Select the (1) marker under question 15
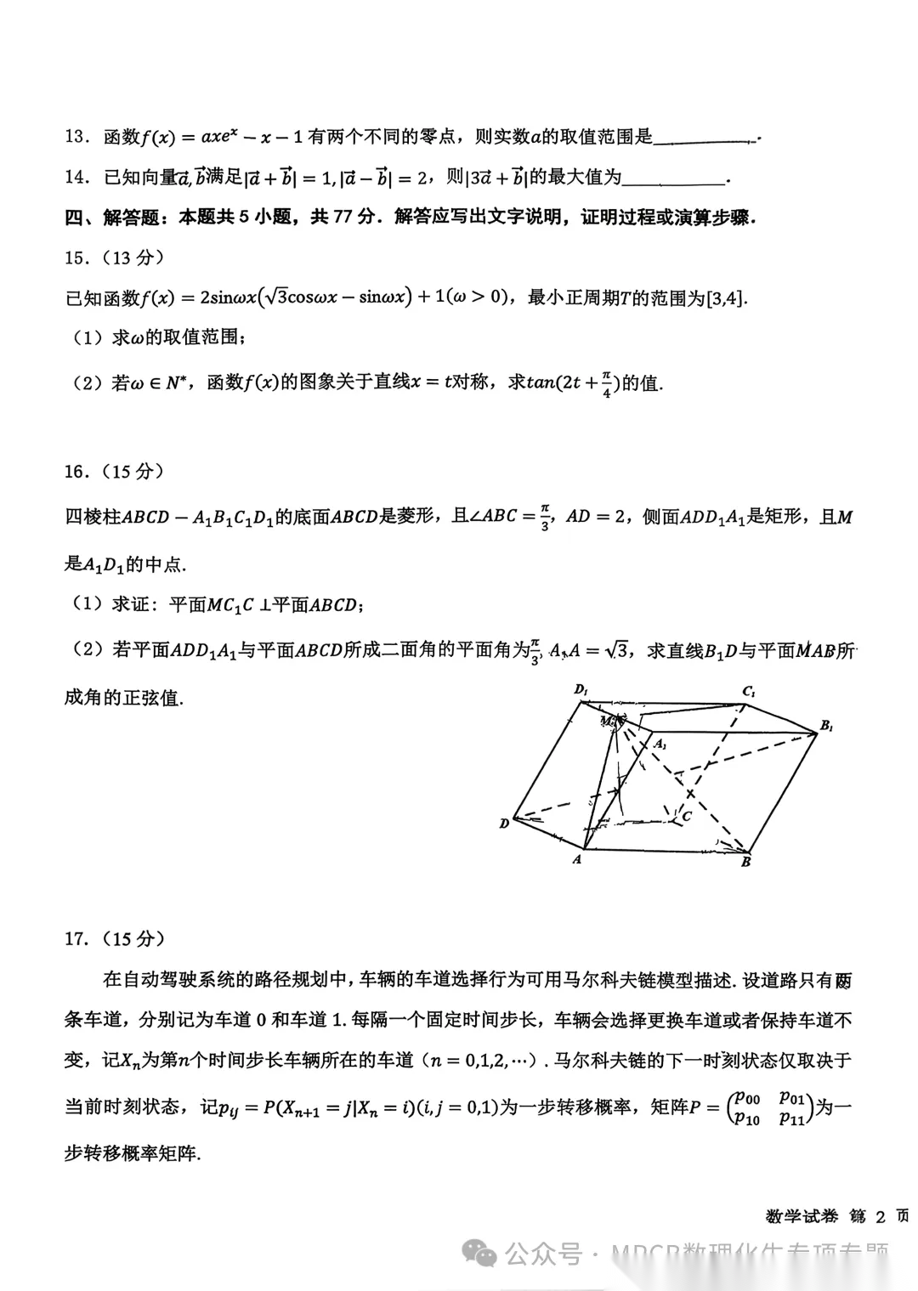pos(88,337)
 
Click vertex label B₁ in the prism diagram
pos(826,726)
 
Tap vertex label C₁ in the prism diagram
pos(749,691)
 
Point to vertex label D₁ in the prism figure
pos(581,689)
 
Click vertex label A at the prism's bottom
pos(577,859)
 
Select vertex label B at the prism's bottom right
pos(745,862)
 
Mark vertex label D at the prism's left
pos(504,823)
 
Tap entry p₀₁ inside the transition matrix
pos(791,1097)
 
